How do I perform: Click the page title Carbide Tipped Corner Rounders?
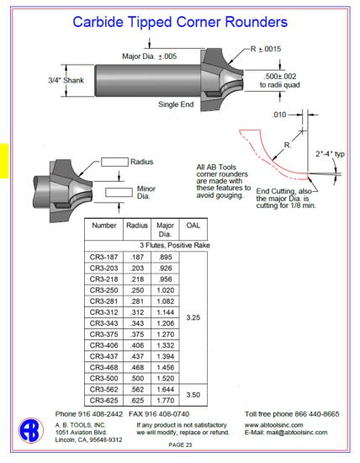180,22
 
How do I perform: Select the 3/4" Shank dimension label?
66,80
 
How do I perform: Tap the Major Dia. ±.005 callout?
150,56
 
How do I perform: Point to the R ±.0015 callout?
266,49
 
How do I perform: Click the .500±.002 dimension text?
280,77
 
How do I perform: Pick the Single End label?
176,104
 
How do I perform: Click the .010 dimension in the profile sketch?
279,114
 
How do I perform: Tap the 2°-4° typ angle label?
331,154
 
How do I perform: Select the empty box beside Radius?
114,162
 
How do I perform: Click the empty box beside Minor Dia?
119,192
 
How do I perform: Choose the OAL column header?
193,226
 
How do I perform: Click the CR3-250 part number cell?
103,290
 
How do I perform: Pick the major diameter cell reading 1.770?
165,401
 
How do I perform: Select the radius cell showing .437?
137,356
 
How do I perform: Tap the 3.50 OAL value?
193,395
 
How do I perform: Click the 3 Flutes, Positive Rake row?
175,245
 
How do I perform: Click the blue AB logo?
31,430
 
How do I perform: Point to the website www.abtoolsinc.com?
274,425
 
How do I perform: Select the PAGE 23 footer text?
180,444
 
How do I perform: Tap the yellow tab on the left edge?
4,161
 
